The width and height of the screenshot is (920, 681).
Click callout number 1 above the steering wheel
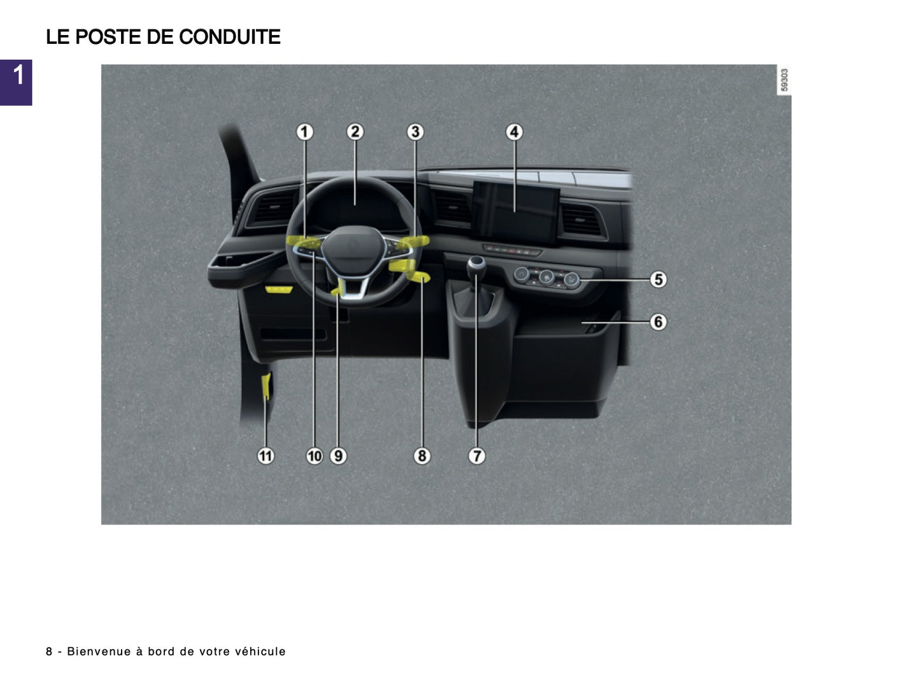click(x=304, y=132)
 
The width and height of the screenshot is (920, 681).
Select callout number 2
click(x=355, y=132)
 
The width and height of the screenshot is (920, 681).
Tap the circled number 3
click(x=414, y=132)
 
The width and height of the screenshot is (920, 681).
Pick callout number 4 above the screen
click(x=514, y=132)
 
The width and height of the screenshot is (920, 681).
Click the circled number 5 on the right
click(x=658, y=279)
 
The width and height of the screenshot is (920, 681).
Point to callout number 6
click(x=658, y=322)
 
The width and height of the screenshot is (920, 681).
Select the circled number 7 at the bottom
click(x=476, y=456)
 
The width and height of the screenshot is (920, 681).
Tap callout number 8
click(x=421, y=456)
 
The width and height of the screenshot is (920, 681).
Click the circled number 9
click(x=338, y=456)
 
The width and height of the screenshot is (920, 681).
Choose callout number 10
click(x=315, y=456)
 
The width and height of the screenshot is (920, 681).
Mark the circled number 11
click(x=265, y=456)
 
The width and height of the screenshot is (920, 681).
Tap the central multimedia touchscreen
click(x=515, y=212)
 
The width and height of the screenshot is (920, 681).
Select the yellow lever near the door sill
click(x=266, y=387)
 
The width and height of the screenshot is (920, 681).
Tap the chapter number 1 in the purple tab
click(x=18, y=75)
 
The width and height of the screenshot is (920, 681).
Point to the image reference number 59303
click(x=784, y=80)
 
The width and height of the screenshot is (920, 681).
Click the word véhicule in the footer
click(x=260, y=651)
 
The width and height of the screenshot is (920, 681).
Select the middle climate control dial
click(x=546, y=277)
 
